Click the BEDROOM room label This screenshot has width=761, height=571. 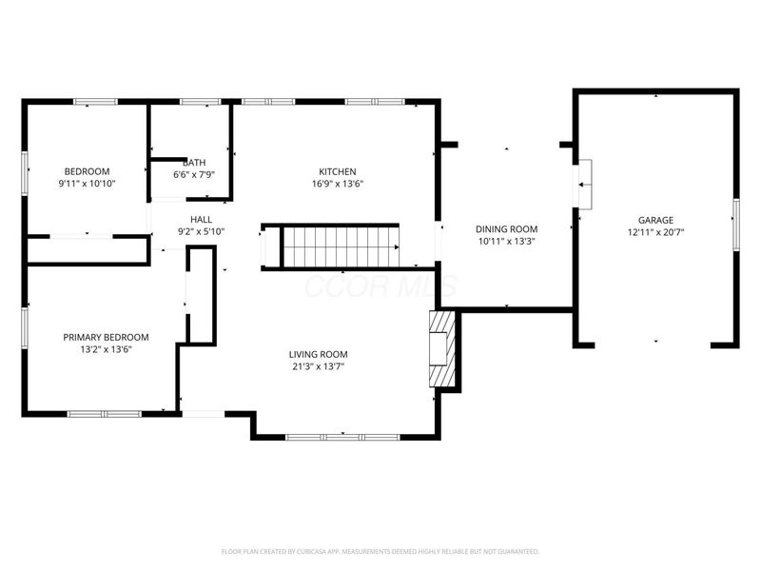click(x=88, y=171)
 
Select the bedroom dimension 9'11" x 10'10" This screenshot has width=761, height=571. click(x=88, y=184)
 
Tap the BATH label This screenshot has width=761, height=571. click(x=194, y=163)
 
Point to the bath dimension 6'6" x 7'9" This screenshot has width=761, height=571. click(x=194, y=175)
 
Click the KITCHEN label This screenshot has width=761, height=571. click(x=337, y=171)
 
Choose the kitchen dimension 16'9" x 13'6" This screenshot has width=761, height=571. click(x=337, y=184)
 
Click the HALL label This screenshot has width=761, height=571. click(x=201, y=219)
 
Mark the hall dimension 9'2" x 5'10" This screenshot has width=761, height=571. click(x=201, y=231)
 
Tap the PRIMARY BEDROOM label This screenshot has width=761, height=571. click(x=106, y=337)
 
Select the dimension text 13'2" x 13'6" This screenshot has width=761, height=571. click(x=106, y=349)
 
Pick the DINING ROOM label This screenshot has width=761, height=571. click(x=506, y=228)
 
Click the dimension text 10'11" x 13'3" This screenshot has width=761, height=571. click(x=506, y=241)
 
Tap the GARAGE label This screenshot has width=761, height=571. click(x=656, y=220)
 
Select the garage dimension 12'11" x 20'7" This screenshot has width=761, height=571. click(x=656, y=232)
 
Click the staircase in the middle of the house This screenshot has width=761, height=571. click(x=341, y=246)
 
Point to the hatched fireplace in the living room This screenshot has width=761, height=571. click(x=441, y=349)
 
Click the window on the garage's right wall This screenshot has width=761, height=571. click(x=735, y=225)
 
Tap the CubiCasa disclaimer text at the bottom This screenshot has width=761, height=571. click(x=380, y=551)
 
